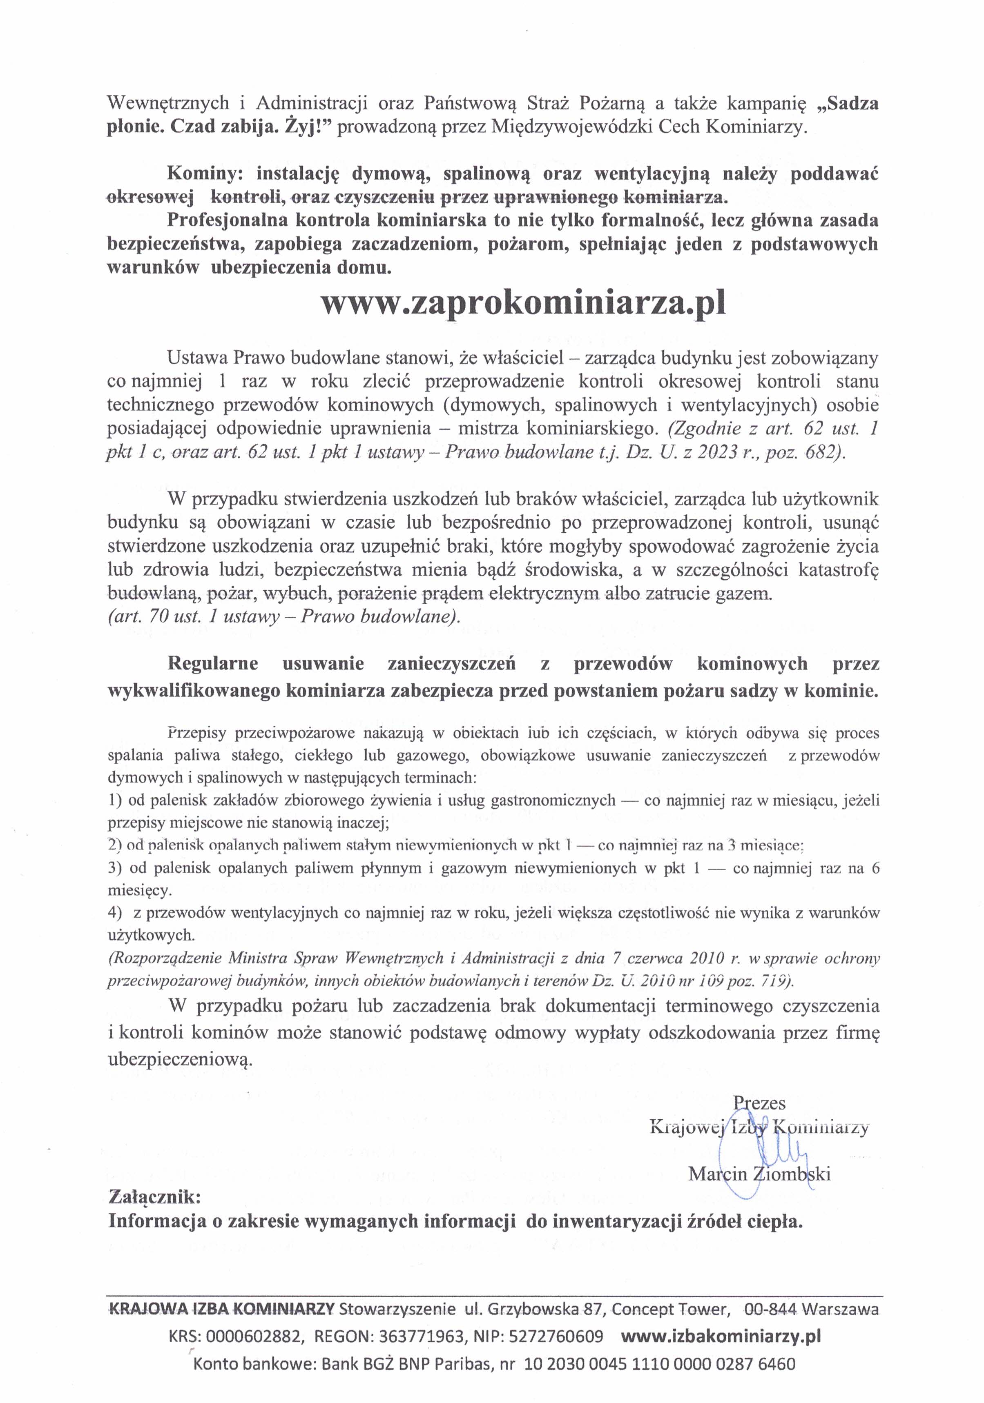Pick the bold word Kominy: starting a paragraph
click(x=205, y=174)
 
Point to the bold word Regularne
click(x=213, y=664)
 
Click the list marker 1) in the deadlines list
click(x=114, y=800)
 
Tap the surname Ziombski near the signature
click(x=791, y=1174)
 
